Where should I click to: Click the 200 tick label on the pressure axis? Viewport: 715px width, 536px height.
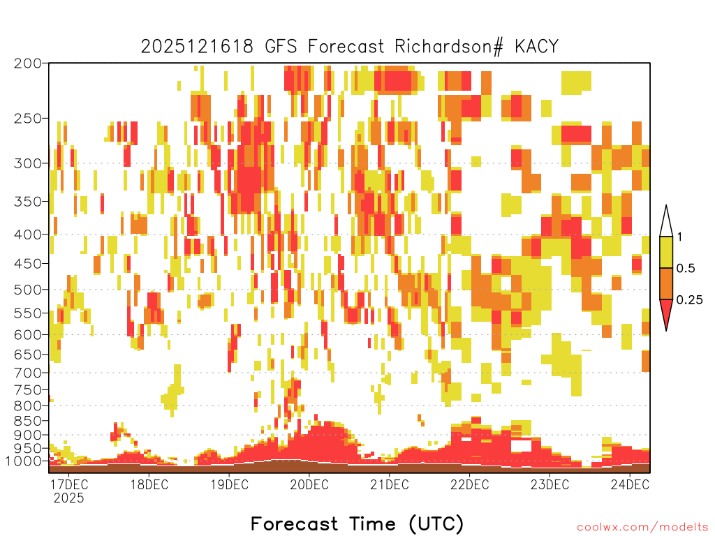(28, 64)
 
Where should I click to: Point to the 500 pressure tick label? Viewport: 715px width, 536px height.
(28, 290)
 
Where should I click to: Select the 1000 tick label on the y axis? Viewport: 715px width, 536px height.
(24, 461)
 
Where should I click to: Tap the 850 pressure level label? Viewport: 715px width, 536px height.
(28, 421)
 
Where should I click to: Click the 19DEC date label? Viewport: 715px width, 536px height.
(229, 484)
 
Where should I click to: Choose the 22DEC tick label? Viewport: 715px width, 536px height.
(470, 484)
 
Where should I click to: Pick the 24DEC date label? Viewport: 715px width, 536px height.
(630, 484)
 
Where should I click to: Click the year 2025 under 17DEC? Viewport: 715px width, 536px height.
(69, 498)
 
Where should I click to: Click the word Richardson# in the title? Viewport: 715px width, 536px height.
(449, 47)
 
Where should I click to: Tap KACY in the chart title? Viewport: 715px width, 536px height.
(536, 47)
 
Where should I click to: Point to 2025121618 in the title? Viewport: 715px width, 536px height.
(197, 47)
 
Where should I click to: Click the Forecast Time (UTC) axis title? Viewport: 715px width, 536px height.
(357, 524)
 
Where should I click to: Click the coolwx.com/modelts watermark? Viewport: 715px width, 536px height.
(643, 528)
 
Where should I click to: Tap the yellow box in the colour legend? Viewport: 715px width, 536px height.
(666, 252)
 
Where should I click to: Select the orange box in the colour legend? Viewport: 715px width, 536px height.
(666, 283)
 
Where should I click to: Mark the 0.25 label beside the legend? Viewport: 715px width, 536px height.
(689, 300)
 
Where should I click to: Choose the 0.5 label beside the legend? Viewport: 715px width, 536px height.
(686, 269)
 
